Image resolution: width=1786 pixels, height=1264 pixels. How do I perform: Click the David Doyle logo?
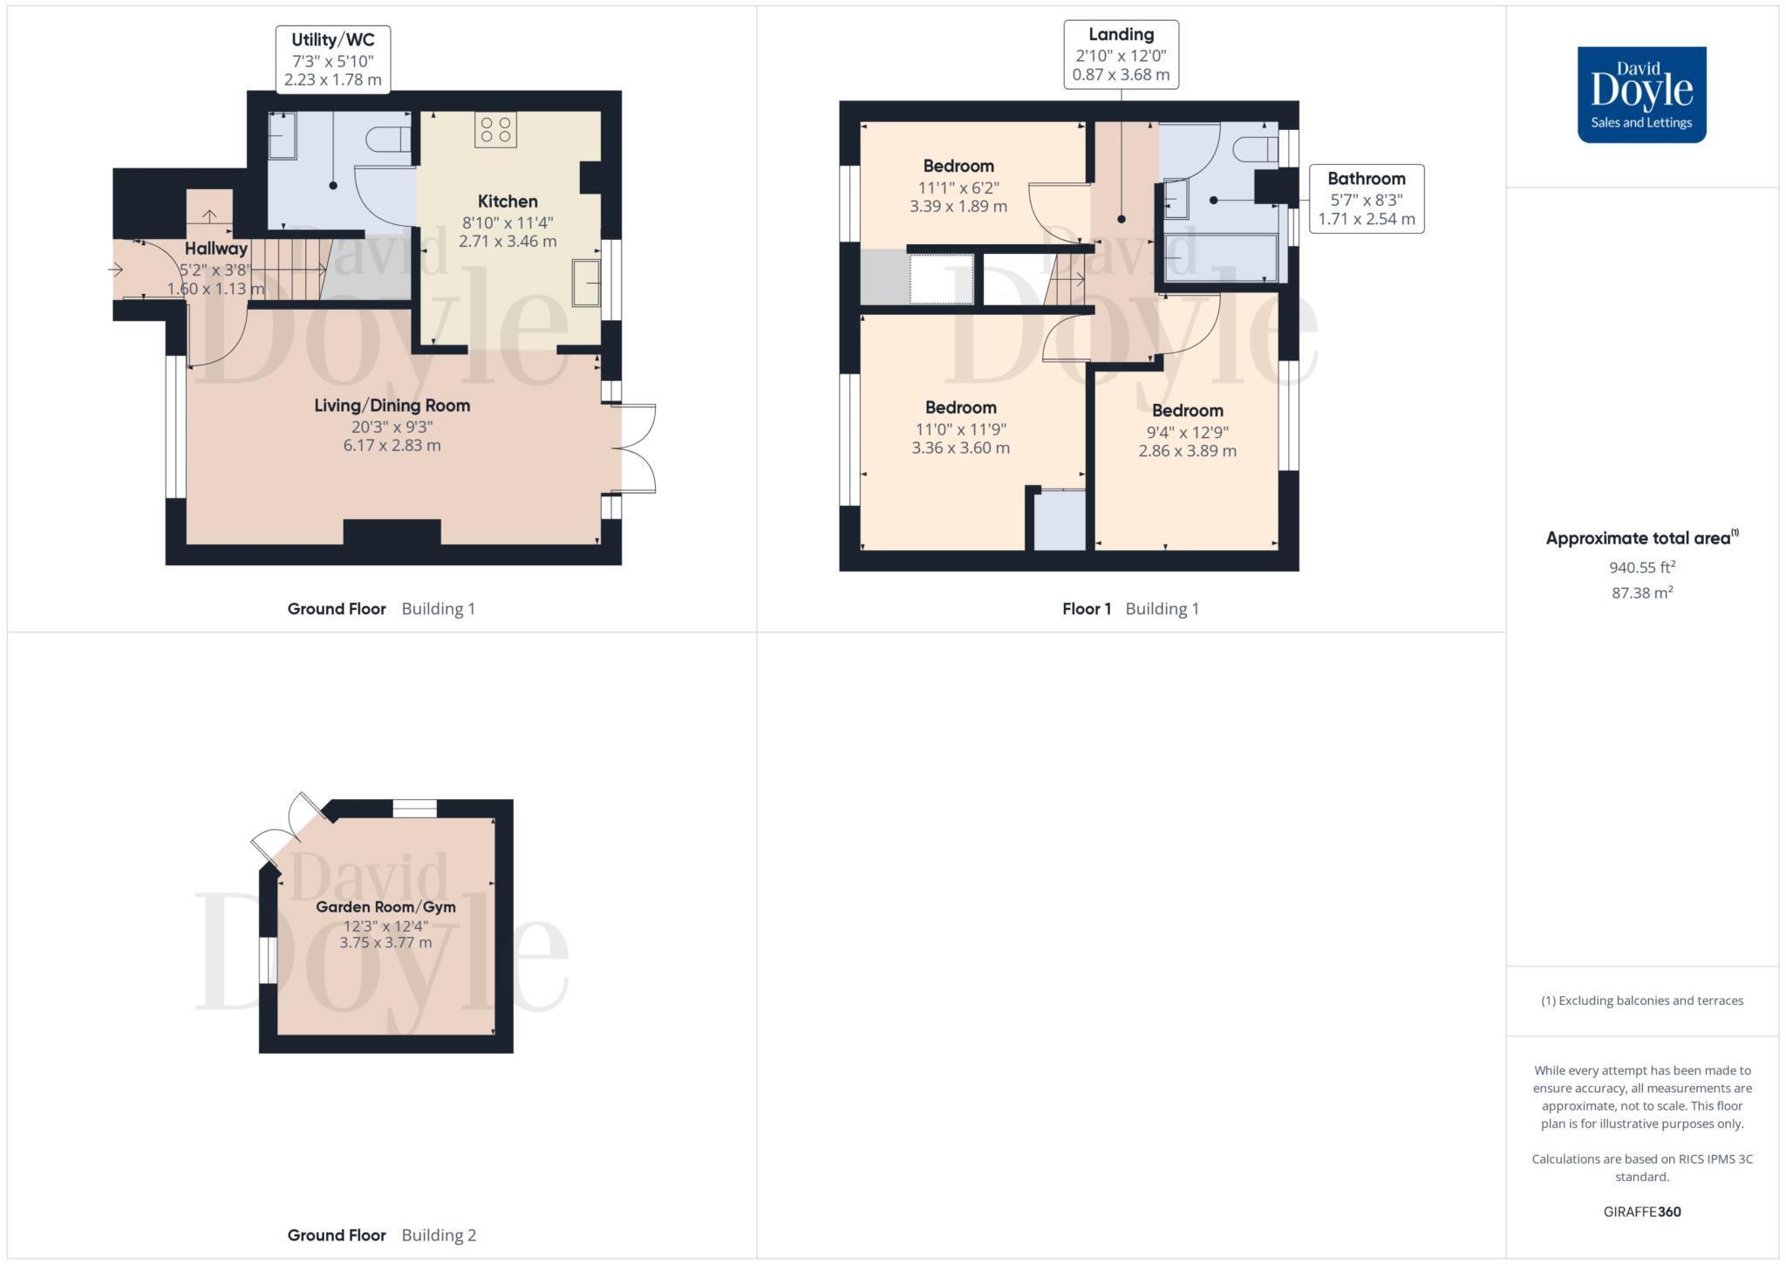(1641, 94)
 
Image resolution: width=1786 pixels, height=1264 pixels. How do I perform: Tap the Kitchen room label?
(508, 202)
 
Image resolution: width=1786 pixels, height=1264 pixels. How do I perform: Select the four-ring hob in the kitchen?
(495, 130)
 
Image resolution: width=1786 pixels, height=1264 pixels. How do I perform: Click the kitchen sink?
(586, 283)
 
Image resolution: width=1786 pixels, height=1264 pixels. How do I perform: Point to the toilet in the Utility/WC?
(389, 140)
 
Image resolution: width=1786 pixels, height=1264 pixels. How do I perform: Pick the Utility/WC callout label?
(333, 59)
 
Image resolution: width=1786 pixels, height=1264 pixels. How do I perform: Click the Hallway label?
(216, 249)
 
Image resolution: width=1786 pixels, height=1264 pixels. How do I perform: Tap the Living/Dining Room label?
(392, 406)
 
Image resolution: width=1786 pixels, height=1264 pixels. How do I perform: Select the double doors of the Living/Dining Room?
(637, 448)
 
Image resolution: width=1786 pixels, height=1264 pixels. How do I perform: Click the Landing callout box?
(1121, 54)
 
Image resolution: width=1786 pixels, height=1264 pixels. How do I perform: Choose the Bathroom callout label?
(1367, 199)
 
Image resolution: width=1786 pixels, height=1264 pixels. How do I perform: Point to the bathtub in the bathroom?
(1221, 258)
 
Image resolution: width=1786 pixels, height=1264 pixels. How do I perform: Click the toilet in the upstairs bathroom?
(1256, 149)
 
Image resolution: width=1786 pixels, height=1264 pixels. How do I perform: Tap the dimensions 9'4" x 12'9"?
(1188, 432)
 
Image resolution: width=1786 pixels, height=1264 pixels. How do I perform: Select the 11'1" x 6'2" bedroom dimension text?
(958, 188)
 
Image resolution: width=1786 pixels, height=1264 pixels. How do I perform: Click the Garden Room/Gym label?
(385, 907)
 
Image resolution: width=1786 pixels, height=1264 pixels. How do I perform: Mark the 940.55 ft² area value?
(1642, 567)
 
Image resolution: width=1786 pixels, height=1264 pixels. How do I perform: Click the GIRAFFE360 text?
(1642, 1212)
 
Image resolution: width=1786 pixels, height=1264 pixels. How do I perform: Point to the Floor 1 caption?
(1087, 609)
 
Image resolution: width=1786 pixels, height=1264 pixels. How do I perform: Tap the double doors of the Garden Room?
(288, 829)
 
